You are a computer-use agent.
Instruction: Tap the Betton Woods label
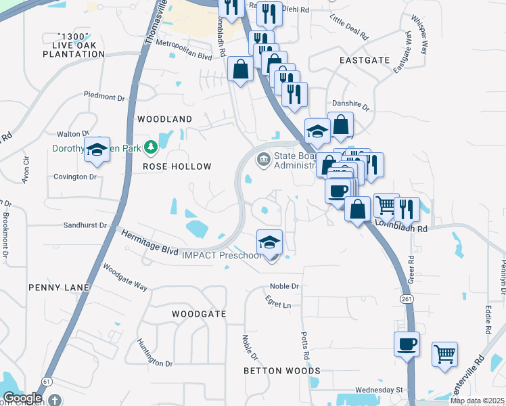282,371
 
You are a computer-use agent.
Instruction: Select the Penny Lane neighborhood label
59,288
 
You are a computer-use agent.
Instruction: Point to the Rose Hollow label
177,166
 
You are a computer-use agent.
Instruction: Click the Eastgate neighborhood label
364,60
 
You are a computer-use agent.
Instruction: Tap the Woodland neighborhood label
164,119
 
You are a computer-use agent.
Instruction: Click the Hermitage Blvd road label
150,243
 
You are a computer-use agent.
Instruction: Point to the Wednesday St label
379,390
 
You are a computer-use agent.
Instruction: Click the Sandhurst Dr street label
85,225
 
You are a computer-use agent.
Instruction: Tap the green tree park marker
154,146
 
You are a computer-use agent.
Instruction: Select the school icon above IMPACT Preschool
269,242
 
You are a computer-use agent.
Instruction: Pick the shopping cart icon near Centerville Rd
444,354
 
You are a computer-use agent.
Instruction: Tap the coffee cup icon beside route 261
407,344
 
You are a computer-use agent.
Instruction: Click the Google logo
22,398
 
